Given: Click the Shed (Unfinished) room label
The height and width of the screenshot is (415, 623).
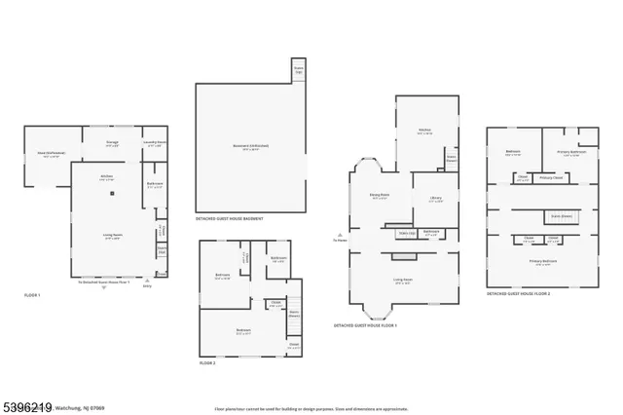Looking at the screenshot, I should pos(52,154).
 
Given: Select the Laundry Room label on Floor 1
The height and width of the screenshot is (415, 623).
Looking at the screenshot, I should pos(155,142).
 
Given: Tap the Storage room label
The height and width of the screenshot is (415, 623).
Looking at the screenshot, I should pos(113,142).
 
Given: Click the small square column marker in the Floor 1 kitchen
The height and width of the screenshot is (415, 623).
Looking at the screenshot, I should pos(112,194).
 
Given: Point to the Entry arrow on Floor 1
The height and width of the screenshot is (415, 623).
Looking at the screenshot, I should pos(147,282).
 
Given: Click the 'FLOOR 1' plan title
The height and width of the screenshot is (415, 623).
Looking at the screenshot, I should pos(32,294).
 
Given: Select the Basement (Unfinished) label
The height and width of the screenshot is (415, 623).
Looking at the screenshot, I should pos(250,146).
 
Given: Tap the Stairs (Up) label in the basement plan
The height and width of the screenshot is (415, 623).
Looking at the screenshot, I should pos(299,71).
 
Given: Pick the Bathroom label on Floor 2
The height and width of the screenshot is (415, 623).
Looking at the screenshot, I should pos(278,259).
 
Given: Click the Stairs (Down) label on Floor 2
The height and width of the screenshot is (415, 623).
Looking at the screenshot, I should pos(294,314).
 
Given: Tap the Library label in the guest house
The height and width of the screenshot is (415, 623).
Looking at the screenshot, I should pos(436,199).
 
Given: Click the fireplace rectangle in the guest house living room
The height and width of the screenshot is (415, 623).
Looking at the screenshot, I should pos(403,257).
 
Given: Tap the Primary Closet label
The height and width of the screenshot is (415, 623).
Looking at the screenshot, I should pos(552,178).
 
